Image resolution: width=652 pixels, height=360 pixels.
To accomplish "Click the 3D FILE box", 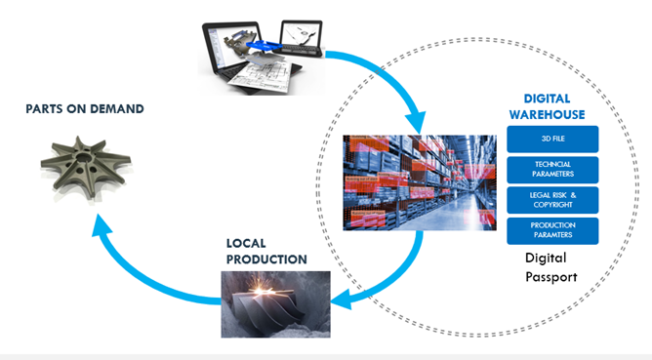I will (x=553, y=140).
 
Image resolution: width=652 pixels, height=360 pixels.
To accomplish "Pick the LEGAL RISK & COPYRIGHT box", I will (x=553, y=199).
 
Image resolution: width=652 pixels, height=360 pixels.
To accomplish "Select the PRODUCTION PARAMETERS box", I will (x=553, y=231).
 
